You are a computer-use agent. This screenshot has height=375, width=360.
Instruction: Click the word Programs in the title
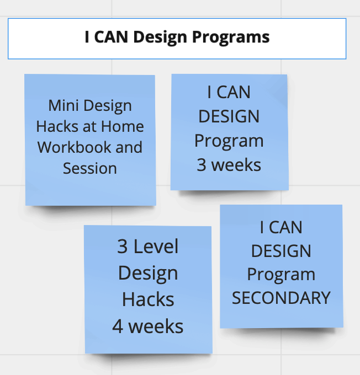tap(231, 37)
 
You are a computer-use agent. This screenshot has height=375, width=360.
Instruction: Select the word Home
tap(123, 126)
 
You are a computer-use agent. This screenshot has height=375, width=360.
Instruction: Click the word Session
tap(90, 168)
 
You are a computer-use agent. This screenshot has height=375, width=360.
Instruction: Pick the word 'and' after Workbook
tap(129, 147)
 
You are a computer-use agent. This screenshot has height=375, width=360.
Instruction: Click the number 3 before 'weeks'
tap(202, 165)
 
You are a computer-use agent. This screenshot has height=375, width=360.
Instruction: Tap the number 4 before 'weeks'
tap(118, 326)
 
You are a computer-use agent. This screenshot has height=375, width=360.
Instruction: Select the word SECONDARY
tap(281, 298)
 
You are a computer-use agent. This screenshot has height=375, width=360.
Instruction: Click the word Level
tap(156, 247)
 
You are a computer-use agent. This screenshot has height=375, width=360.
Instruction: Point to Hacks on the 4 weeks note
tap(148, 299)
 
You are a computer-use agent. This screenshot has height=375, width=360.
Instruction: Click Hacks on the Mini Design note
tap(57, 126)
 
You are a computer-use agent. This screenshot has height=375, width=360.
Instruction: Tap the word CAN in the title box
tap(111, 37)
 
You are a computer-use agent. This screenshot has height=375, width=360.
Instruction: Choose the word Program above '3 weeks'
tap(229, 141)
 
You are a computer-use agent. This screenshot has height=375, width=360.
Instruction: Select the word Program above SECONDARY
tap(281, 275)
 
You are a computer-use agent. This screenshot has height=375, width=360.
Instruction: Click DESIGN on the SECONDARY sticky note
tap(281, 251)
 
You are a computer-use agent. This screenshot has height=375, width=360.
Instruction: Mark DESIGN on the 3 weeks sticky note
tap(229, 116)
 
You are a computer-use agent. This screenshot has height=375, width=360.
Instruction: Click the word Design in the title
tap(160, 37)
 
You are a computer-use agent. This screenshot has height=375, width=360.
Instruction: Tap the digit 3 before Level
tap(122, 247)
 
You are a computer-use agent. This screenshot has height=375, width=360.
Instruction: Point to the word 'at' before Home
tap(90, 126)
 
